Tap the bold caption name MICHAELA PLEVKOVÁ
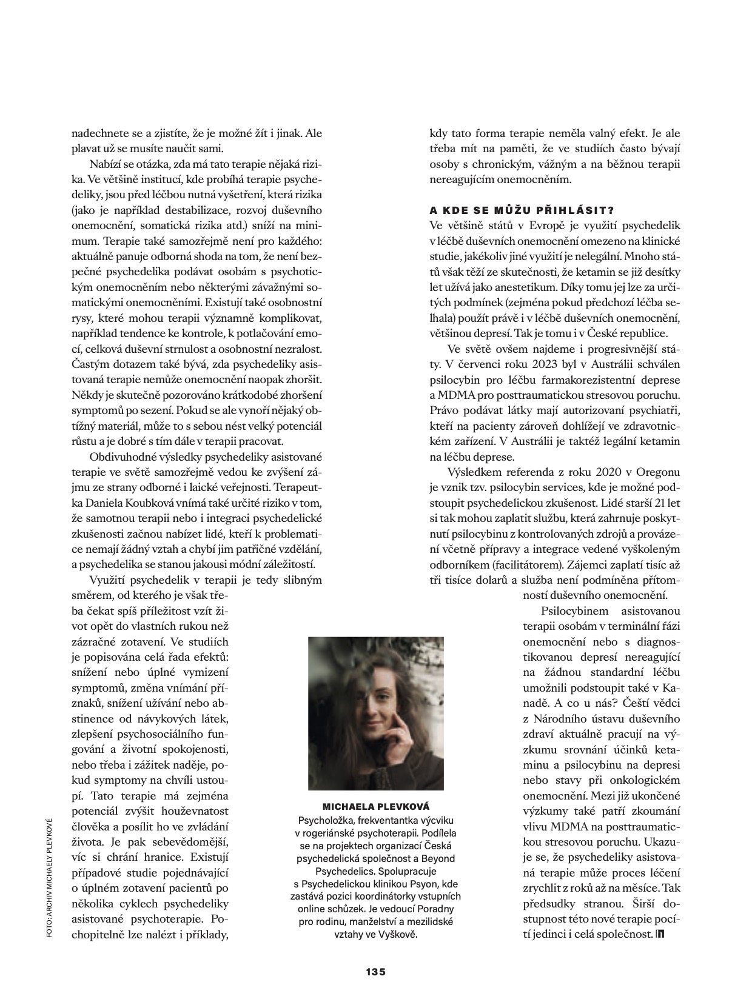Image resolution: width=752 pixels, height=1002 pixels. (376, 806)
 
